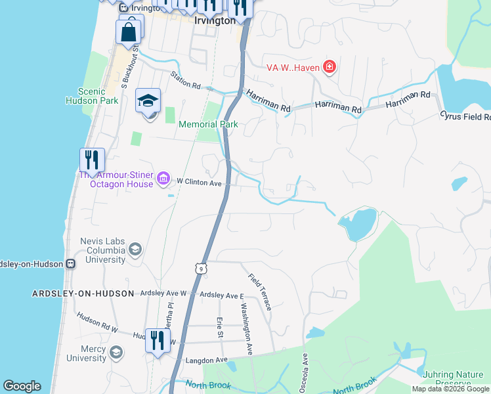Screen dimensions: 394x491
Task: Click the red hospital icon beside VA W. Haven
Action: coord(329,67)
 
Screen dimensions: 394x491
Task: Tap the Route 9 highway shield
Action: coord(201,269)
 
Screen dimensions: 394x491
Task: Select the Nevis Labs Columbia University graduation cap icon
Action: coord(135,249)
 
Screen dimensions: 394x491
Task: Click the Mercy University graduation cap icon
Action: coord(116,353)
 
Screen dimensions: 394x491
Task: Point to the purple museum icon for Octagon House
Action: coord(163,179)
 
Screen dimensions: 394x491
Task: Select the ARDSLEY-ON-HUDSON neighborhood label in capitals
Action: coord(83,294)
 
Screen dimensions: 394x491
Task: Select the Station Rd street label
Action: coord(186,80)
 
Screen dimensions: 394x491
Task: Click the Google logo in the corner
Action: coord(22,386)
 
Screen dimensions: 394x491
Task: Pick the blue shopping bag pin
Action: coord(129,32)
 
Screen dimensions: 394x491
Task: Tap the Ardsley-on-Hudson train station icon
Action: coord(70,263)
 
